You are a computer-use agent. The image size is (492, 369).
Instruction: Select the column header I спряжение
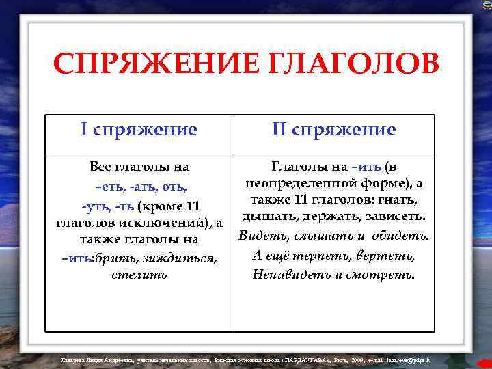click(x=139, y=130)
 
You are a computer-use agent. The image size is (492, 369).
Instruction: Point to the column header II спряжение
click(x=333, y=130)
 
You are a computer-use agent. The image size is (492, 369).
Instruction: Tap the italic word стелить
click(x=139, y=275)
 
